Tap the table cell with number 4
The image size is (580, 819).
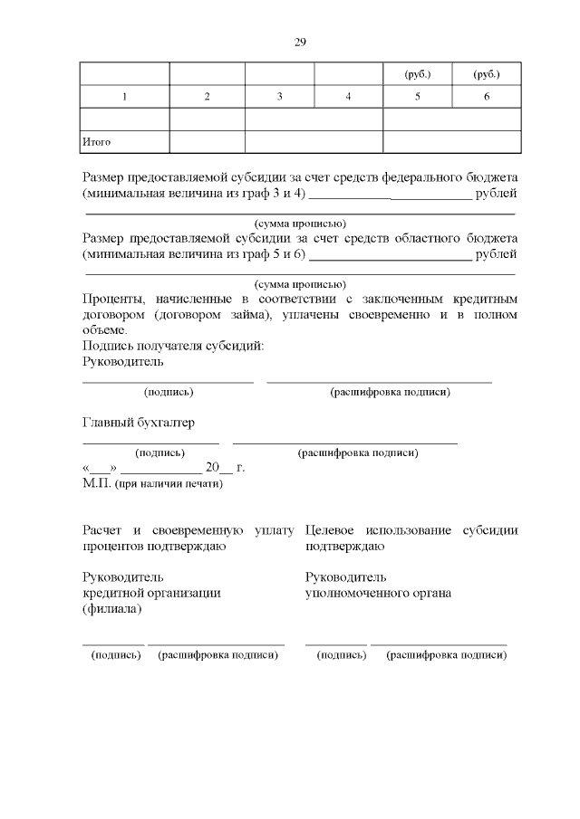click(x=348, y=97)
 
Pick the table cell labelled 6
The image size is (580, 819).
click(x=487, y=97)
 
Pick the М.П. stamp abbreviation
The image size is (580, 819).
click(x=96, y=484)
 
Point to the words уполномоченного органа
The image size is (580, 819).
click(x=379, y=593)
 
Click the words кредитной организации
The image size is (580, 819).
click(x=151, y=593)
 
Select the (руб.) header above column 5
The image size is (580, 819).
click(x=417, y=73)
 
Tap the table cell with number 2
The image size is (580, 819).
click(x=207, y=97)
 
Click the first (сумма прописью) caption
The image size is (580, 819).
click(x=300, y=223)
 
